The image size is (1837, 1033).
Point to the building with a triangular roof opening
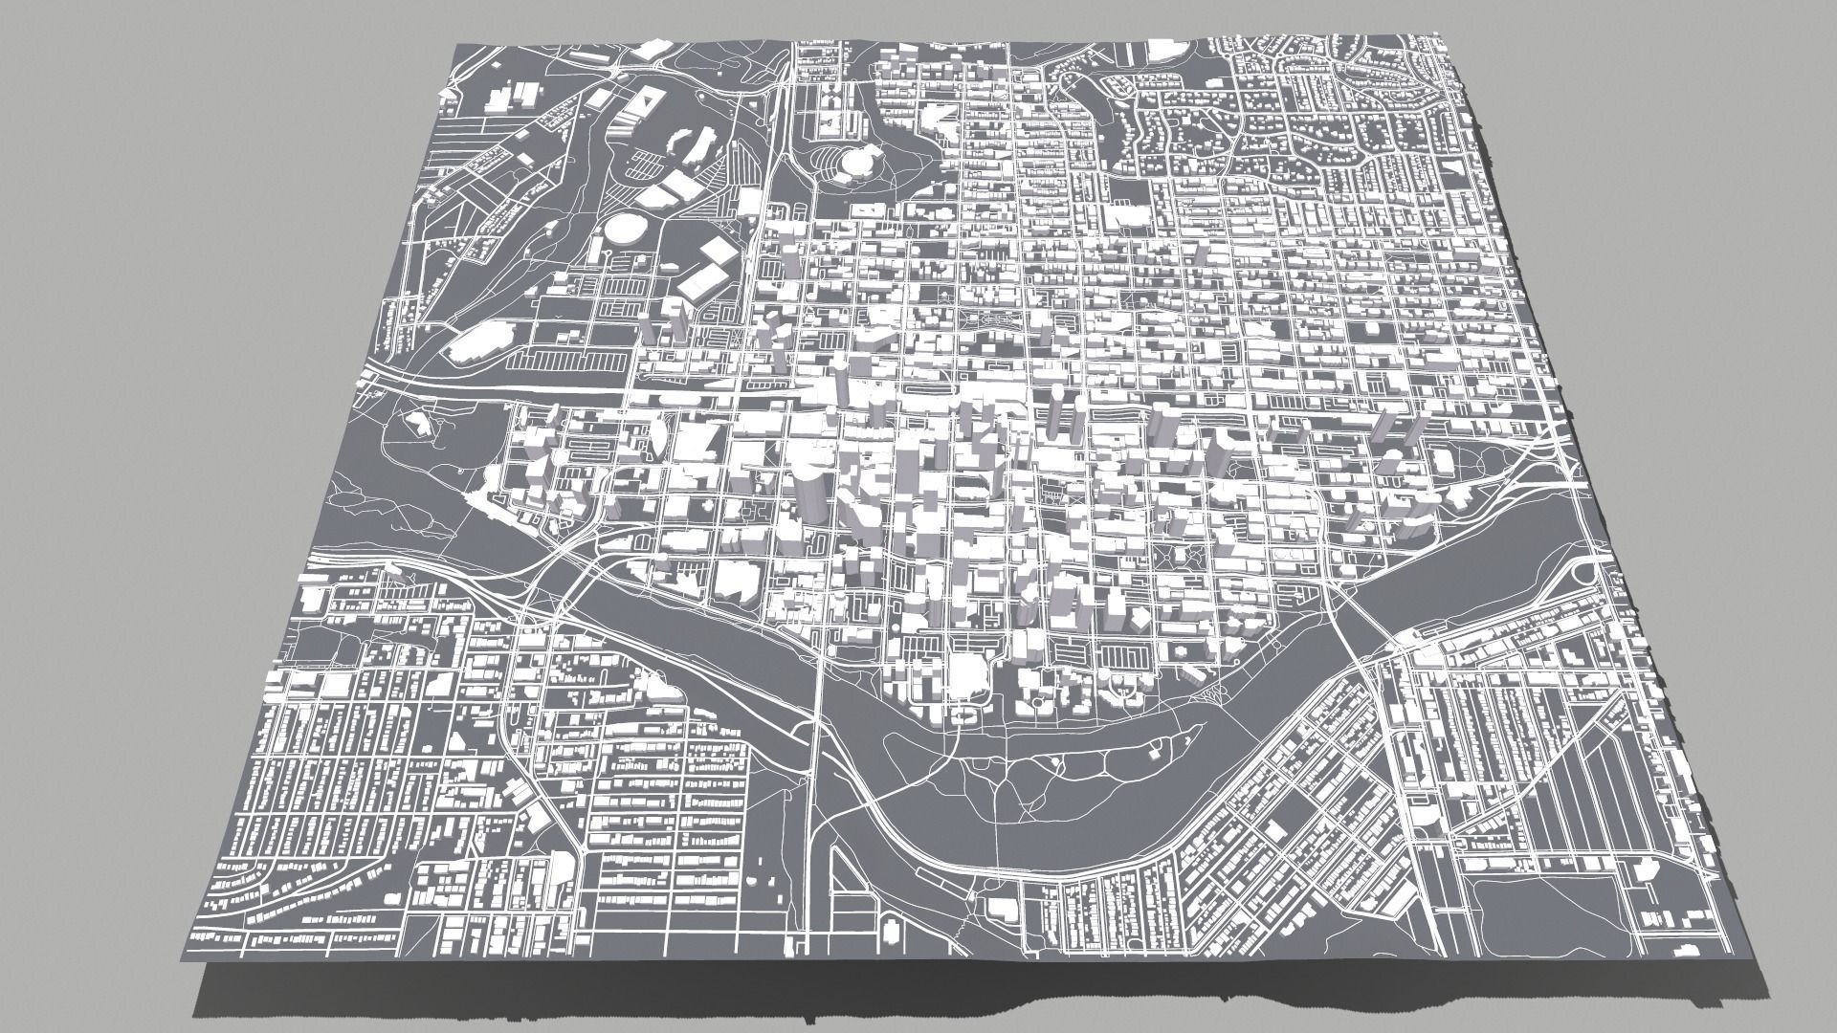click(647, 100)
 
